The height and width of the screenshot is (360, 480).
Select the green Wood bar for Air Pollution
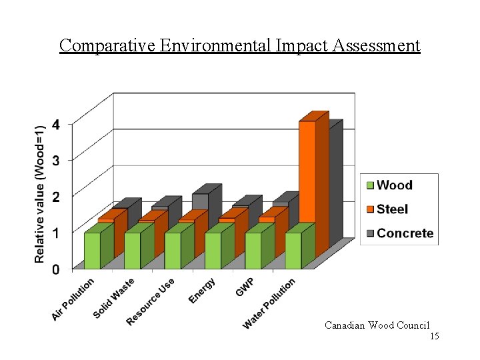point(92,251)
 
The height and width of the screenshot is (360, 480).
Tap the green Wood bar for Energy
point(213,251)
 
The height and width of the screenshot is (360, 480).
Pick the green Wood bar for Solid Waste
point(132,251)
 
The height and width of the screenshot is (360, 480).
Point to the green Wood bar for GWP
point(253,251)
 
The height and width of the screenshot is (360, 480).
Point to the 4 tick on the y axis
point(56,124)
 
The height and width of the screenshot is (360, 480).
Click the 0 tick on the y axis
point(56,269)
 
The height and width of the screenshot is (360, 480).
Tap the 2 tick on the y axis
point(56,197)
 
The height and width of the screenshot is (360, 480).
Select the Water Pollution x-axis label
point(269,303)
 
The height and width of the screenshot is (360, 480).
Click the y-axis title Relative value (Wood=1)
point(40,193)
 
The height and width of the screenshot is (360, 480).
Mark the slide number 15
point(434,337)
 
